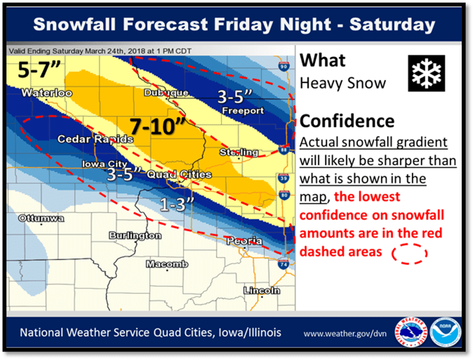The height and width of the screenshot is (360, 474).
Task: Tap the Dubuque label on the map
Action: click(x=165, y=93)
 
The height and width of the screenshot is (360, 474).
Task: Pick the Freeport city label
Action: click(x=243, y=111)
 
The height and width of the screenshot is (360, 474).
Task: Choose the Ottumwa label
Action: click(x=41, y=219)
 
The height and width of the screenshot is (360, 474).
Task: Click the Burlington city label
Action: click(x=135, y=235)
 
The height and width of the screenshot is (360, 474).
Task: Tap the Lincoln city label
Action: click(x=261, y=290)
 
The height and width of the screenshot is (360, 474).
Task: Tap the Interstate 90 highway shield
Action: click(x=282, y=66)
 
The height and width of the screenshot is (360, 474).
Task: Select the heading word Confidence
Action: click(x=347, y=121)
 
